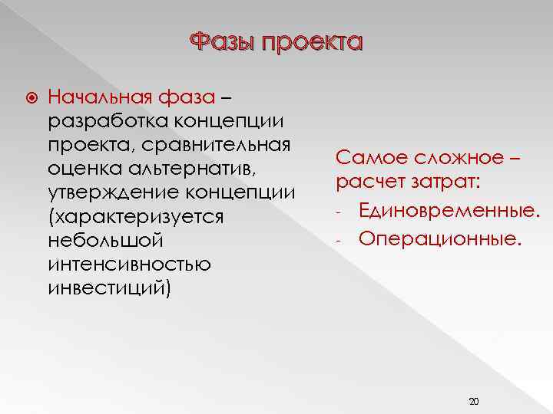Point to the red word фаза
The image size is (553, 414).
[189, 97]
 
